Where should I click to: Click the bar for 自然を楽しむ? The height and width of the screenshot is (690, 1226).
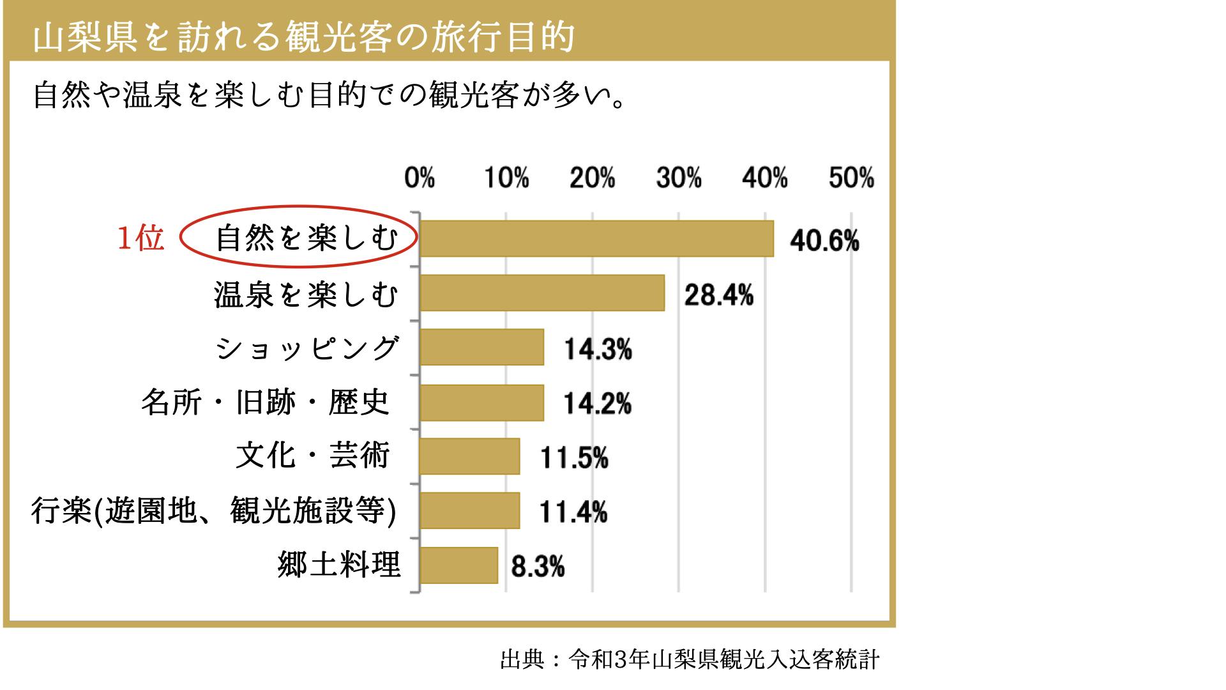tap(596, 238)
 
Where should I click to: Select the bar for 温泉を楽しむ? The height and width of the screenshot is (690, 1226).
tap(542, 293)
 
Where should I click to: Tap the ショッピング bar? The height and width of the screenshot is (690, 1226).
tap(481, 348)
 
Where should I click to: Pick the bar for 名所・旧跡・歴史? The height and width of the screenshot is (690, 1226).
tap(481, 402)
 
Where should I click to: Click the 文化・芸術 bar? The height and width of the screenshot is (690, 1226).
tap(469, 456)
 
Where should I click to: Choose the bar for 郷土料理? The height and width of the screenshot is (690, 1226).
tap(458, 565)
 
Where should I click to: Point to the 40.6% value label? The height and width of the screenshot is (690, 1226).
tap(824, 241)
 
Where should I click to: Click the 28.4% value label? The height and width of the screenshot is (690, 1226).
tap(718, 296)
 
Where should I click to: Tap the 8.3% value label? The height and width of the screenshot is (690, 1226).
tap(538, 567)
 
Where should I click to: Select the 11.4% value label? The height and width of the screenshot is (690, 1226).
tap(573, 512)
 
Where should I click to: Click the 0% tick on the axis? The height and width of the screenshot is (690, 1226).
tap(419, 178)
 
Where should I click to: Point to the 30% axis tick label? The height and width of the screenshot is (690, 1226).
tap(678, 178)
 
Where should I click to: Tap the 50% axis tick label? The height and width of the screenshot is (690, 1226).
tap(851, 178)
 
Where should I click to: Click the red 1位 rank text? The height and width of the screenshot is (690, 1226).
tap(140, 240)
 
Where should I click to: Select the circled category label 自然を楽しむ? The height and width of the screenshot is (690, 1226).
tap(306, 239)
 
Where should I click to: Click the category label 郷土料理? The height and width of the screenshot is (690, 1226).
tap(339, 565)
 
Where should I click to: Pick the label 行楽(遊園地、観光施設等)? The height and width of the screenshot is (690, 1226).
tap(214, 511)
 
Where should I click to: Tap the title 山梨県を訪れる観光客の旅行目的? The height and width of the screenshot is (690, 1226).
tap(304, 37)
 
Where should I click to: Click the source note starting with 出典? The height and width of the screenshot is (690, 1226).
tap(690, 659)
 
